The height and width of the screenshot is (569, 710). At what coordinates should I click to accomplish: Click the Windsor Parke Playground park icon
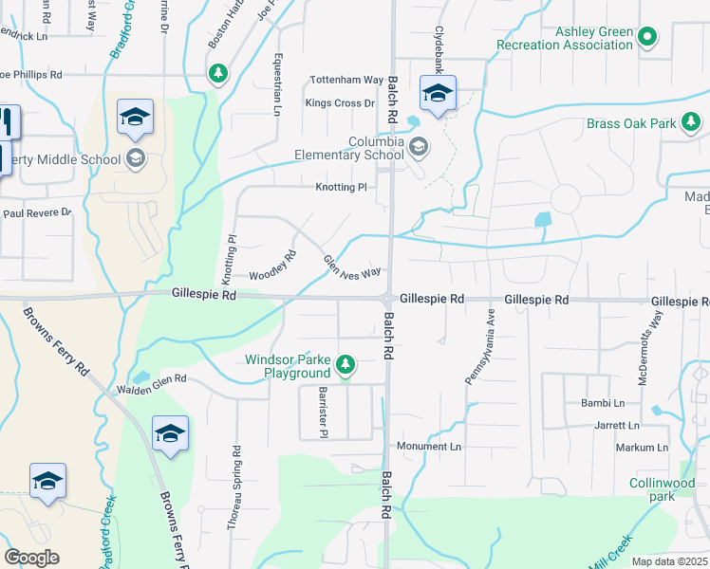coord(346,364)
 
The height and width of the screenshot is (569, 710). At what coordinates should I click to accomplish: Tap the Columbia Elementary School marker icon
coord(419,147)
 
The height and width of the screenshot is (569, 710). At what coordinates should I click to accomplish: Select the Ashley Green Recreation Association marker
coord(648,38)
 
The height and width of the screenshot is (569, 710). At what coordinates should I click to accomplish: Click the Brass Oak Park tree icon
coord(694,122)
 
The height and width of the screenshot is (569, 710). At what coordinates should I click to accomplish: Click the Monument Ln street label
coord(428,446)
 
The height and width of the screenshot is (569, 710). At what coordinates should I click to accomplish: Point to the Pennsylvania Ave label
coord(479,346)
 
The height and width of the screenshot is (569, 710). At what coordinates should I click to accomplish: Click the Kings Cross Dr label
coord(340,102)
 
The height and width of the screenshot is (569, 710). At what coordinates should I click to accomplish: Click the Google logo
coord(31,558)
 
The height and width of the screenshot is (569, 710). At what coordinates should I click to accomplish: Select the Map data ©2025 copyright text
coord(670,562)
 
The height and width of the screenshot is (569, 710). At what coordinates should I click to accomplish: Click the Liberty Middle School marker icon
coord(136,158)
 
